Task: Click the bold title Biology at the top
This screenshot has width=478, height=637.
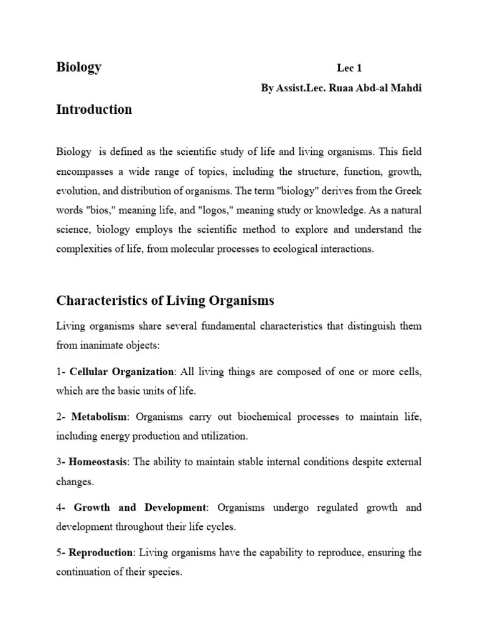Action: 79,68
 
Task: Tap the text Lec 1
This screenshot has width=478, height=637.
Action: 349,68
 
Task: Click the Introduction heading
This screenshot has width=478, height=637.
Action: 94,109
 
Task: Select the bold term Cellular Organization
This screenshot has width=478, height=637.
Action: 121,372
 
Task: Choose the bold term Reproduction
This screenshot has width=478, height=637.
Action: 101,552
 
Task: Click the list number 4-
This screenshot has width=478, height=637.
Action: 60,508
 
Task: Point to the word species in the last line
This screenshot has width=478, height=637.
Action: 166,572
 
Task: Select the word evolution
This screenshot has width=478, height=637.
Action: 76,190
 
